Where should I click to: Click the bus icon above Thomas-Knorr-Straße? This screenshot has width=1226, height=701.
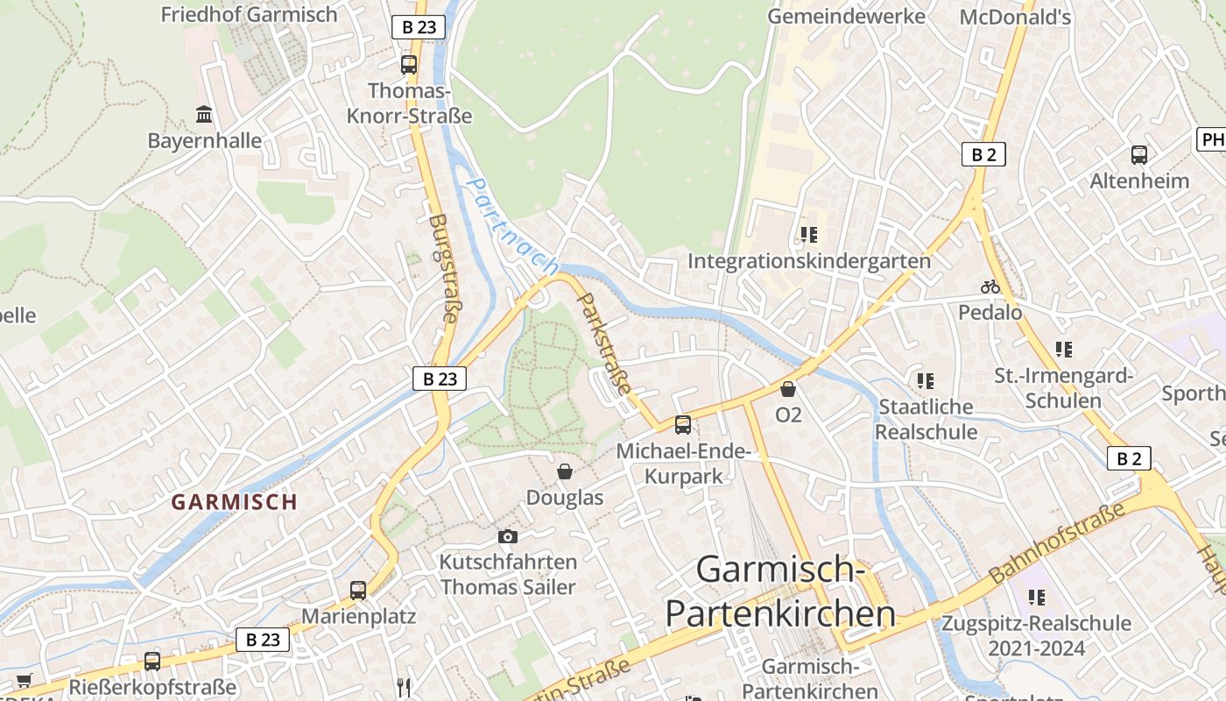[x=409, y=64]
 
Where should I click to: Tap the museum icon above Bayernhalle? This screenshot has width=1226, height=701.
[x=204, y=114]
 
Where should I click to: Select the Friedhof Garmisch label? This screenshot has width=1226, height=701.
[x=249, y=14]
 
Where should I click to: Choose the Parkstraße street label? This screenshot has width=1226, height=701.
[x=605, y=343]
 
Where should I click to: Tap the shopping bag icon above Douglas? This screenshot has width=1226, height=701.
[x=565, y=471]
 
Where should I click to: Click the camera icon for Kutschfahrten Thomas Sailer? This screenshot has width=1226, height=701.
[x=507, y=536]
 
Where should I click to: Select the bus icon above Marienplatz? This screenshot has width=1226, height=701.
[x=358, y=591]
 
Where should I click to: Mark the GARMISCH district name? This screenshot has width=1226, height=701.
[x=234, y=502]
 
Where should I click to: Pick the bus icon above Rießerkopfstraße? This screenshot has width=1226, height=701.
[x=152, y=662]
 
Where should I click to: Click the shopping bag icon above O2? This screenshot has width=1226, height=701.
[x=788, y=389]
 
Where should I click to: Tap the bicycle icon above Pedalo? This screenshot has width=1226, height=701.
[x=990, y=287]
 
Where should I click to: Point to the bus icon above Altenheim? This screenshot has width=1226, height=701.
[x=1139, y=155]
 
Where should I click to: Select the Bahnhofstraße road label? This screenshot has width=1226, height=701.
[x=1057, y=543]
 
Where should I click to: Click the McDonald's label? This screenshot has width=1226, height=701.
[x=1015, y=17]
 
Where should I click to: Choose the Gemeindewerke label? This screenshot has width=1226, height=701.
[x=846, y=17]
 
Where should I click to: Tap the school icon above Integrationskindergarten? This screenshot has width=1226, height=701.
[x=808, y=235]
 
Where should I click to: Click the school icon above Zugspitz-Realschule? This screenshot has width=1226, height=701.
[x=1037, y=598]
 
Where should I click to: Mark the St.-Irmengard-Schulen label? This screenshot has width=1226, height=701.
[x=1063, y=388]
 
